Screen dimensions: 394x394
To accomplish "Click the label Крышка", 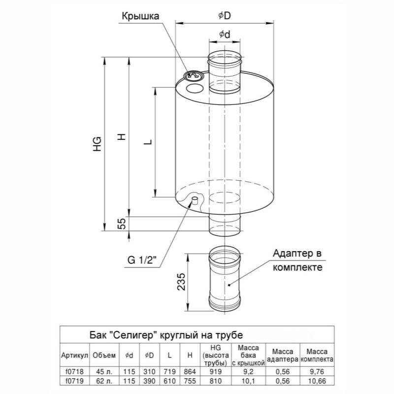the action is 140,16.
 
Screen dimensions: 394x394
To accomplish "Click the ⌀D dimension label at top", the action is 225,16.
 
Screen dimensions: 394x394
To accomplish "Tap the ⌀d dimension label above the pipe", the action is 225,34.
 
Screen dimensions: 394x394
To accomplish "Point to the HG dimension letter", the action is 97,144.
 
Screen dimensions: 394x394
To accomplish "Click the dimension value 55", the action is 122,224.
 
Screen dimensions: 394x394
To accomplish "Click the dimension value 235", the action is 181,282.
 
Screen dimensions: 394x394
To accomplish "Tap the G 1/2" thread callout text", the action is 142,260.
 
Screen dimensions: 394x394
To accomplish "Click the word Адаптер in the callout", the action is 290,254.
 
